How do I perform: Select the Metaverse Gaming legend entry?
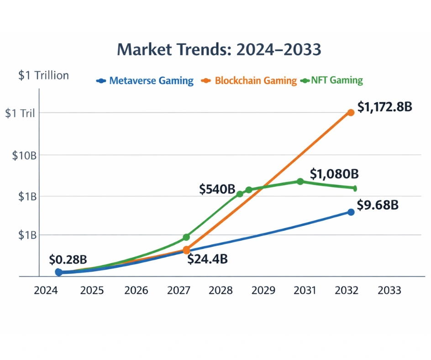[151, 81]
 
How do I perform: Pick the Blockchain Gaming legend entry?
[255, 81]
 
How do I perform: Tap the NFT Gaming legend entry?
[337, 81]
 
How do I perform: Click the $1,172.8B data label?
[385, 107]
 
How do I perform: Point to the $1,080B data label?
[334, 174]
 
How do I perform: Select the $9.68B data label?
[377, 205]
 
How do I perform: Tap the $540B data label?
[217, 189]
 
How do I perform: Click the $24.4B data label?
[208, 259]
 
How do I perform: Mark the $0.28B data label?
[68, 259]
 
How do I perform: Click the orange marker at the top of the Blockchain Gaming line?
[351, 112]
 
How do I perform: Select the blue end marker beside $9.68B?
[351, 212]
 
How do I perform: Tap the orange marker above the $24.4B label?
[186, 250]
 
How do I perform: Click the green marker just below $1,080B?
[300, 181]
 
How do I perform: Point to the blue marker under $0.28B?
[59, 272]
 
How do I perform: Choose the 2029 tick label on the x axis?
[263, 291]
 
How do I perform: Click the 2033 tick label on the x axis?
[389, 291]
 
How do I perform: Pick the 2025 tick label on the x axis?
[92, 291]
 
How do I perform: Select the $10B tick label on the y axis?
[24, 155]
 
